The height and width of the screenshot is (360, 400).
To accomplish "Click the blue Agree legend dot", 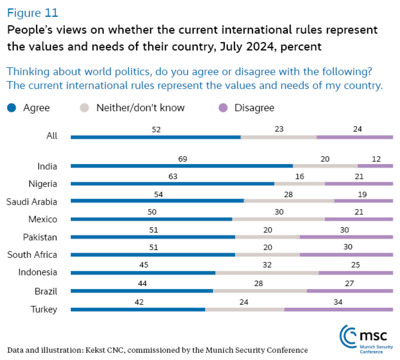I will [x=11, y=108].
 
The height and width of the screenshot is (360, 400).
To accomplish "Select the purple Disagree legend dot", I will [x=223, y=108].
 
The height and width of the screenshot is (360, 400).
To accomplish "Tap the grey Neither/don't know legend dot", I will [x=84, y=108].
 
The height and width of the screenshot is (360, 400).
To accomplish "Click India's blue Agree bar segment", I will [x=181, y=166].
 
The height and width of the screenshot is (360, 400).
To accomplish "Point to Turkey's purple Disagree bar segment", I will [x=338, y=309].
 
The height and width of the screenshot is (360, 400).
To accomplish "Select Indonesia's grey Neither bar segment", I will [x=267, y=273].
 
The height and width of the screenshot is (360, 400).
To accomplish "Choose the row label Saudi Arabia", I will [x=32, y=202].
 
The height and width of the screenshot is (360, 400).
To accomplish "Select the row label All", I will [x=52, y=136].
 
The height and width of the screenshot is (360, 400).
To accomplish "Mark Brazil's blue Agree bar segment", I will [x=141, y=291].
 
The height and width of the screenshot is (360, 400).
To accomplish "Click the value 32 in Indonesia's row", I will [x=267, y=265].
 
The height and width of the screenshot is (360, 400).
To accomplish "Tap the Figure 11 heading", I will [x=32, y=12].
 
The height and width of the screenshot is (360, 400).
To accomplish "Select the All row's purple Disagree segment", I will [x=354, y=137].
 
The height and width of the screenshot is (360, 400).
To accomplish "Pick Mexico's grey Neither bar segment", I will [x=278, y=219].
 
